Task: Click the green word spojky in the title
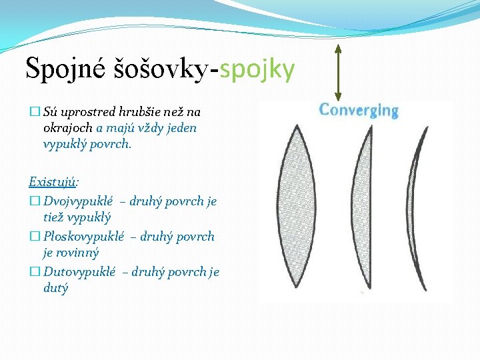257,69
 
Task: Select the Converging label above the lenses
359,110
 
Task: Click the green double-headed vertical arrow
338,72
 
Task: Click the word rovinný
77,253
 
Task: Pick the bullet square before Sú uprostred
34,112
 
